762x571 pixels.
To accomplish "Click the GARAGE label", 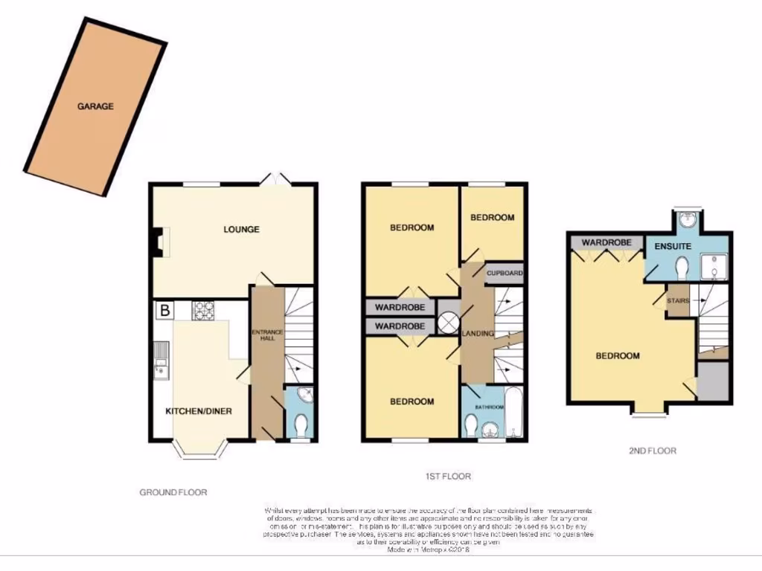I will tap(95, 106).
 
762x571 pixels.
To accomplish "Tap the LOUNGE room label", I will tap(242, 229).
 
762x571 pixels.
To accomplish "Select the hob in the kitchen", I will tap(203, 310).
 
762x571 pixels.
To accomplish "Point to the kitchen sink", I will tap(161, 359).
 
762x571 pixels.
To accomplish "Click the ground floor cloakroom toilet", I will tap(301, 425).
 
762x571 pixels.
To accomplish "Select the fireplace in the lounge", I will tap(157, 242).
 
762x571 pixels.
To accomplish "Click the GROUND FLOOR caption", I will tap(173, 492).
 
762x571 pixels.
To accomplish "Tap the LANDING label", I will tap(477, 334).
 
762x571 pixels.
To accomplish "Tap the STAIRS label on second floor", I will tap(677, 300).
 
